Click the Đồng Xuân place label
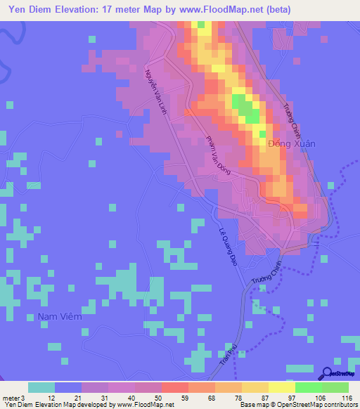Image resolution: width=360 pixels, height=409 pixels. [292, 143]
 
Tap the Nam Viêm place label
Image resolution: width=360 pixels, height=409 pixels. [60, 317]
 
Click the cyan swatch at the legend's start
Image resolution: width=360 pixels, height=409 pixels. [41, 387]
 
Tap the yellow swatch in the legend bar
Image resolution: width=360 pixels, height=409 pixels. [281, 387]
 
